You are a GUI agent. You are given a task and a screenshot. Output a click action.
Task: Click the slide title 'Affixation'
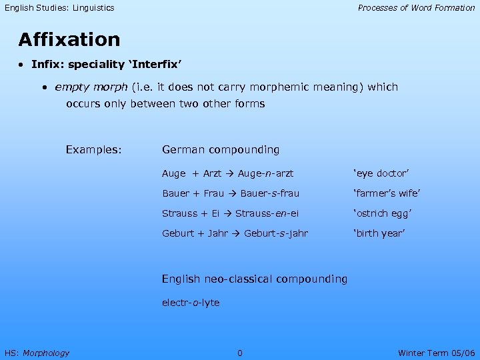(69, 40)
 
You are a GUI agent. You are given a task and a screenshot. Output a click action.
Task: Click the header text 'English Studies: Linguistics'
(59, 8)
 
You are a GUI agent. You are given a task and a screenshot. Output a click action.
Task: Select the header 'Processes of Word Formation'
(416, 8)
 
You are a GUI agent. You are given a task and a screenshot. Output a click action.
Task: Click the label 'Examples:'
(93, 150)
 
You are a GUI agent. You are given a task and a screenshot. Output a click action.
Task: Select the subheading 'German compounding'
(221, 150)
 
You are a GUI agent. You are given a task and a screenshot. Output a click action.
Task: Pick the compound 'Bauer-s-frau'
(269, 193)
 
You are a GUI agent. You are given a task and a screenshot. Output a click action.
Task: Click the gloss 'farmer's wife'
(386, 193)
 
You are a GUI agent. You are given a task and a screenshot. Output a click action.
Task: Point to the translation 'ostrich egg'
(382, 213)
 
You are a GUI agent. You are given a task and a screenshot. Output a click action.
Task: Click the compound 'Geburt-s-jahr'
(276, 233)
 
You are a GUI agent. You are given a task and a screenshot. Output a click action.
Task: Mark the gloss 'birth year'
(379, 233)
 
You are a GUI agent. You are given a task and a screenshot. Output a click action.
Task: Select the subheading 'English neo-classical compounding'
(255, 279)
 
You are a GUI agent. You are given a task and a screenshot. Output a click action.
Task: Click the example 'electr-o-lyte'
(191, 303)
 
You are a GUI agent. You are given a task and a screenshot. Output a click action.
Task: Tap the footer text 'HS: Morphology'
(37, 353)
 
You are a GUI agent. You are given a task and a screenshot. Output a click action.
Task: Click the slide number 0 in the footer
(240, 353)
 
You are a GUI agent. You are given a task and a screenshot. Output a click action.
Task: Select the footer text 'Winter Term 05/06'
(436, 353)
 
